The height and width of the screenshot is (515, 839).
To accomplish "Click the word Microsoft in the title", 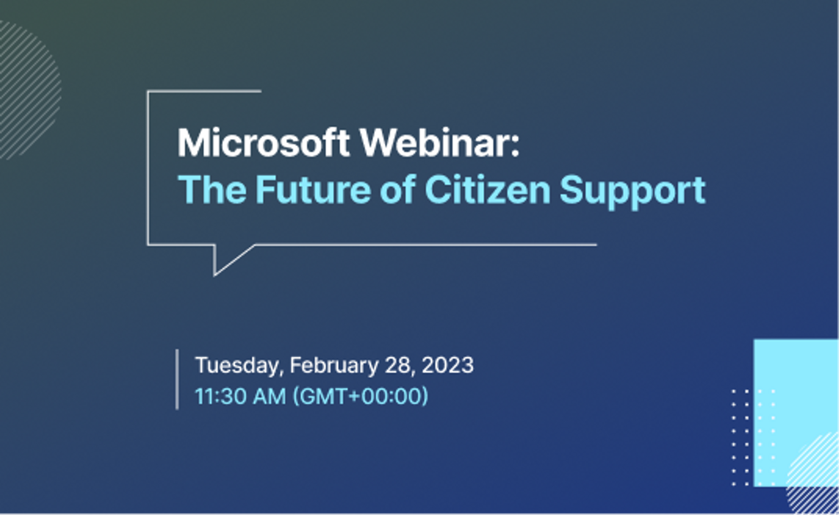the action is [x=264, y=143].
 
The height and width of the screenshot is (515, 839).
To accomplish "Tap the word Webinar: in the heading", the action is [x=440, y=143].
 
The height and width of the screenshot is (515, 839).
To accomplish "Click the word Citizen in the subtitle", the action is [x=487, y=190].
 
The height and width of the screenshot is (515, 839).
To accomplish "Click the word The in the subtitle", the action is [x=212, y=190].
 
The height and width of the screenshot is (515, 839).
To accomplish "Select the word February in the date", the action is [x=334, y=366].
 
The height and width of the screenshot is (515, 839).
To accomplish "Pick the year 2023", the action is [x=448, y=365].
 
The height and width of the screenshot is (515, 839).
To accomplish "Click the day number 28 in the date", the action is [x=400, y=365].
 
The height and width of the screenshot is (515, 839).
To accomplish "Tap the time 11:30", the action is [x=220, y=396].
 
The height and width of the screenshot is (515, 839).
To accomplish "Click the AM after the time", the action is [x=269, y=396].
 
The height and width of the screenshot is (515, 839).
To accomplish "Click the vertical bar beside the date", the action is [x=177, y=379].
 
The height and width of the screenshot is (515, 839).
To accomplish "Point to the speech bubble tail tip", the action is [x=214, y=276].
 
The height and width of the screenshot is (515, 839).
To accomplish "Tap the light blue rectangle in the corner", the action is [x=796, y=413].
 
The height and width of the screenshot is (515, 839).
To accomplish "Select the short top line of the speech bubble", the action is [x=204, y=91].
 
